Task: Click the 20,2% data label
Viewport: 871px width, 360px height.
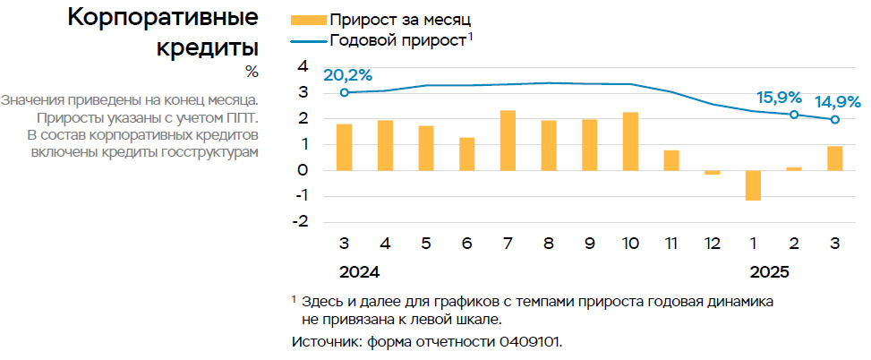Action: click(347, 75)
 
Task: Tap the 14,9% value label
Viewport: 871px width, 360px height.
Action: click(837, 102)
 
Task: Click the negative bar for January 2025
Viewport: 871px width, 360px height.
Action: click(753, 185)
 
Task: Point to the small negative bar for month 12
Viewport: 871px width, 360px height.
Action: click(712, 172)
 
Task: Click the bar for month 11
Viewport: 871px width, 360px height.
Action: click(671, 160)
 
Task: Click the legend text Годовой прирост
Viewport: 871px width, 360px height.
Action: click(397, 39)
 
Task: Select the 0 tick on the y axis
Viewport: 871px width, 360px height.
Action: click(303, 170)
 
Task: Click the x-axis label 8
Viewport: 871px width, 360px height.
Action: click(549, 244)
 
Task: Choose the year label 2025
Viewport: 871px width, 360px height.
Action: click(770, 271)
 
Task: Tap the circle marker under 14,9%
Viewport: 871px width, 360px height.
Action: click(835, 119)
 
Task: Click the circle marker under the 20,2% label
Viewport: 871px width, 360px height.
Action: click(345, 92)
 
